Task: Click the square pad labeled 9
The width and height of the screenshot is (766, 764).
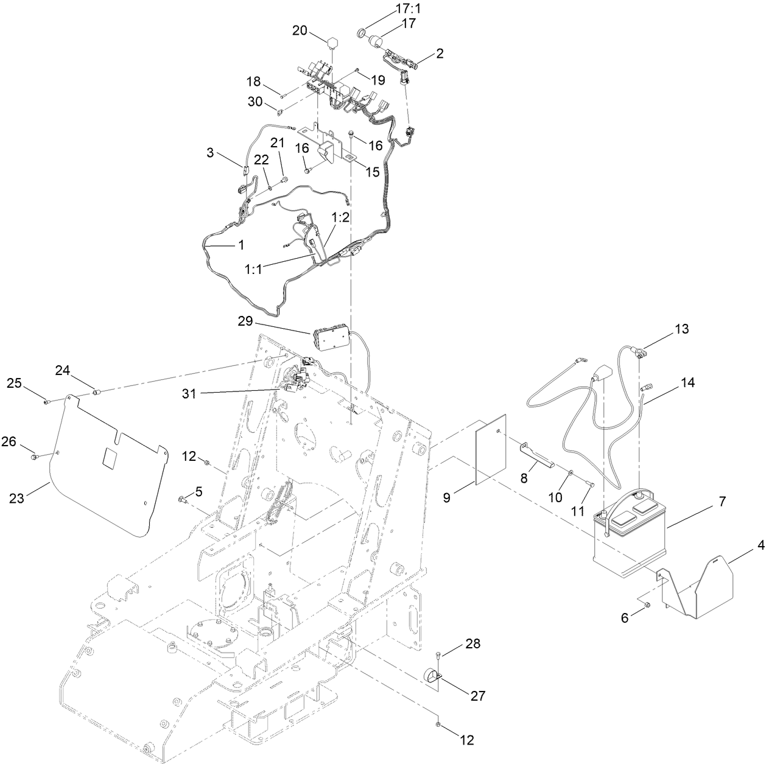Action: pyautogui.click(x=491, y=450)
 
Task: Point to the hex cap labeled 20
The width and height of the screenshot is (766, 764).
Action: pyautogui.click(x=332, y=43)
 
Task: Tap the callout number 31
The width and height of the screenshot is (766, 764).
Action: pyautogui.click(x=190, y=394)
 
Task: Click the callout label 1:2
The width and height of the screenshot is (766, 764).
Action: pyautogui.click(x=341, y=217)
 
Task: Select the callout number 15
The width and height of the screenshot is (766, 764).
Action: pyautogui.click(x=372, y=172)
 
